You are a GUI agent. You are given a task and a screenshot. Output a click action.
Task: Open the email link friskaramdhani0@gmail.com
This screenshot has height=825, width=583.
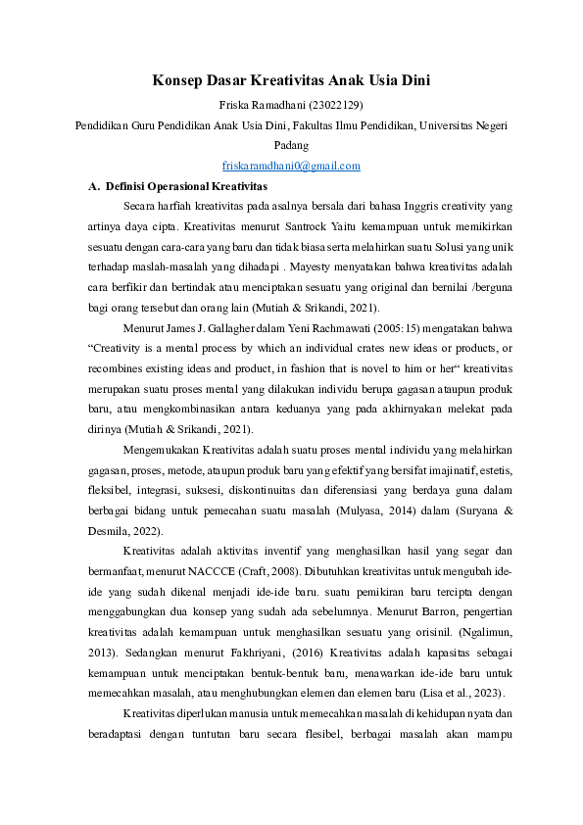[291, 166]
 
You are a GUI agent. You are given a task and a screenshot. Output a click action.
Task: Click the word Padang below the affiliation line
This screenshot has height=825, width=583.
[291, 145]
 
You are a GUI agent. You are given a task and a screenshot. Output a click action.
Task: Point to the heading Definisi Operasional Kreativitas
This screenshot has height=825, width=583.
[185, 185]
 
